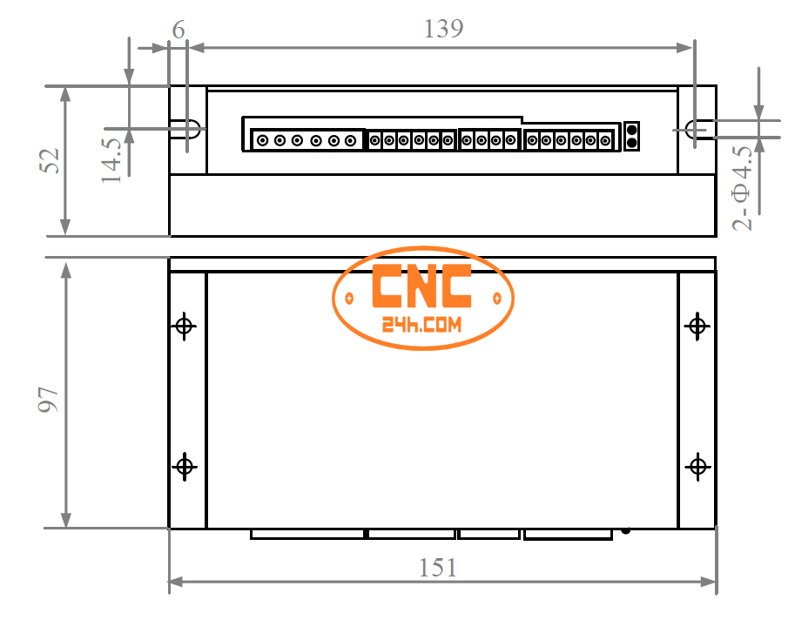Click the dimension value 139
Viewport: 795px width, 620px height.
443,29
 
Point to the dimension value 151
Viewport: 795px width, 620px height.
438,568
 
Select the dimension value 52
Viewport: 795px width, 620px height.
51,160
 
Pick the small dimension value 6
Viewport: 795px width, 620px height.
179,30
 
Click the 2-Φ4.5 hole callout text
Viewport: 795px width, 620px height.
743,188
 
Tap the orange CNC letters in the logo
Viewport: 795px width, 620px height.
422,286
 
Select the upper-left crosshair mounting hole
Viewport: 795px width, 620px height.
184,327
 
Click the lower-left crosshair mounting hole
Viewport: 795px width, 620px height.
184,466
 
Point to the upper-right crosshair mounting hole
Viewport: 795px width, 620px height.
697,327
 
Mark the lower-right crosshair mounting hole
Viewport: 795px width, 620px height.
697,466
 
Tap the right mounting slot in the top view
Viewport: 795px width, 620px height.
697,130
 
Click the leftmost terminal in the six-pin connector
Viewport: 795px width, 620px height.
262,140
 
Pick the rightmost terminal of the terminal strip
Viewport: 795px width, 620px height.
604,139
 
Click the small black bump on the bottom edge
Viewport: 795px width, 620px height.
625,529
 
